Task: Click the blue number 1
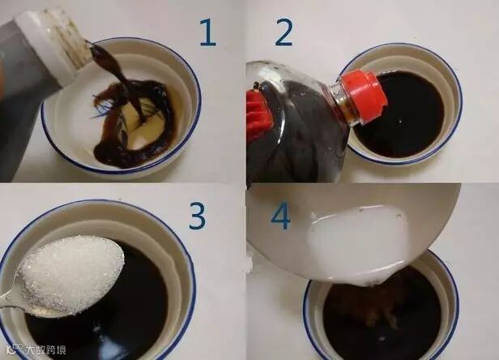(x=208, y=32)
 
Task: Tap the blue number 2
(x=283, y=32)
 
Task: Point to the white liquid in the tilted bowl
(x=356, y=239)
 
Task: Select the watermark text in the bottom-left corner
(x=46, y=349)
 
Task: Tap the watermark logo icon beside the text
(x=15, y=348)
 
